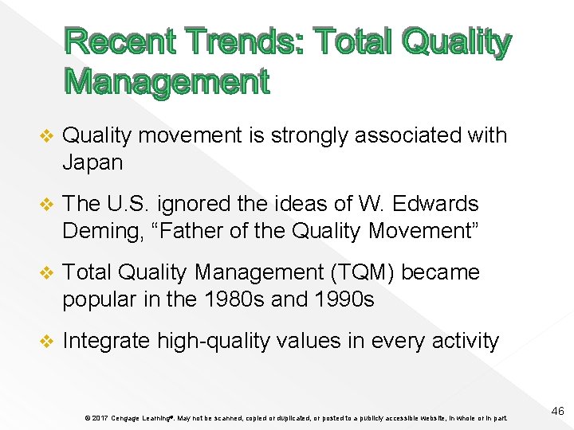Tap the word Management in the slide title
click(166, 81)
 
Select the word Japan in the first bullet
click(92, 162)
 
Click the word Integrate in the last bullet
click(107, 342)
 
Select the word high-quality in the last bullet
click(214, 342)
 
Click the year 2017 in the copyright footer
click(100, 418)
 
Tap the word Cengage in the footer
click(128, 418)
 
